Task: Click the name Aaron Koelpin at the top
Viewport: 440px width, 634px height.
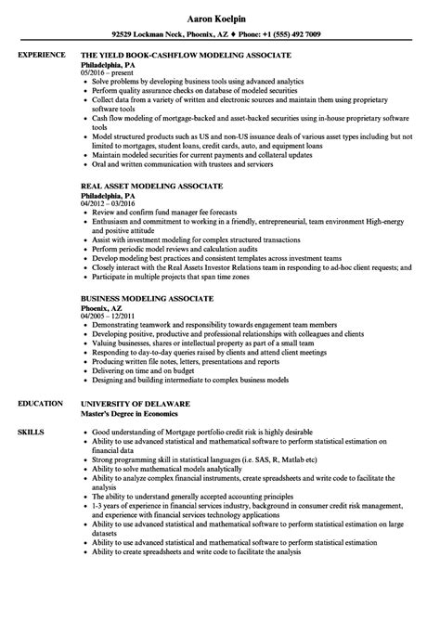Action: [x=219, y=18]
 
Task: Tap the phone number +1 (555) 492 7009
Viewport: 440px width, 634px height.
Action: [x=290, y=34]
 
